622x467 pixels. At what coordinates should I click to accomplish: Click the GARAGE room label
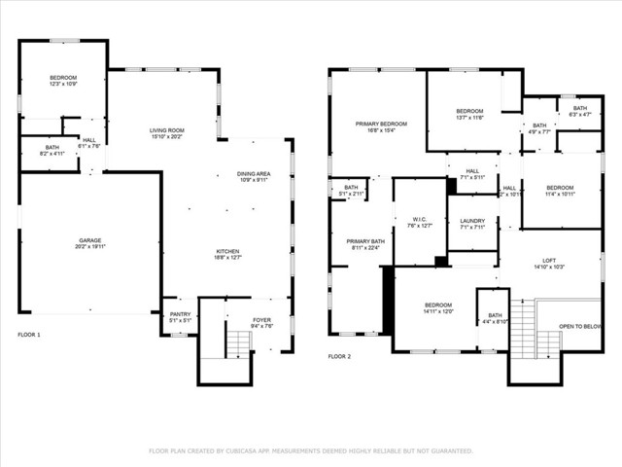(89, 240)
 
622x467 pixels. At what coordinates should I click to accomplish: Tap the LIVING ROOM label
(167, 130)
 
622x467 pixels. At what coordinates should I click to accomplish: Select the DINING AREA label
(255, 174)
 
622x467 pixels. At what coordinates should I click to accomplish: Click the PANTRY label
(181, 314)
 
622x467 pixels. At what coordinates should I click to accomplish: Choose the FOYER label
(262, 320)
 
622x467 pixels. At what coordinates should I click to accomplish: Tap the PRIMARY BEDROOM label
(381, 124)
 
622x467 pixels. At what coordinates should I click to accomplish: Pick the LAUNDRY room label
(473, 221)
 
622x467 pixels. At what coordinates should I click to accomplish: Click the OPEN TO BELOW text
(580, 327)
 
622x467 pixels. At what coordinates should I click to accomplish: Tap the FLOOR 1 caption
(29, 335)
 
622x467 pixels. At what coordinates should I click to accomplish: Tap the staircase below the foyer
(238, 341)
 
